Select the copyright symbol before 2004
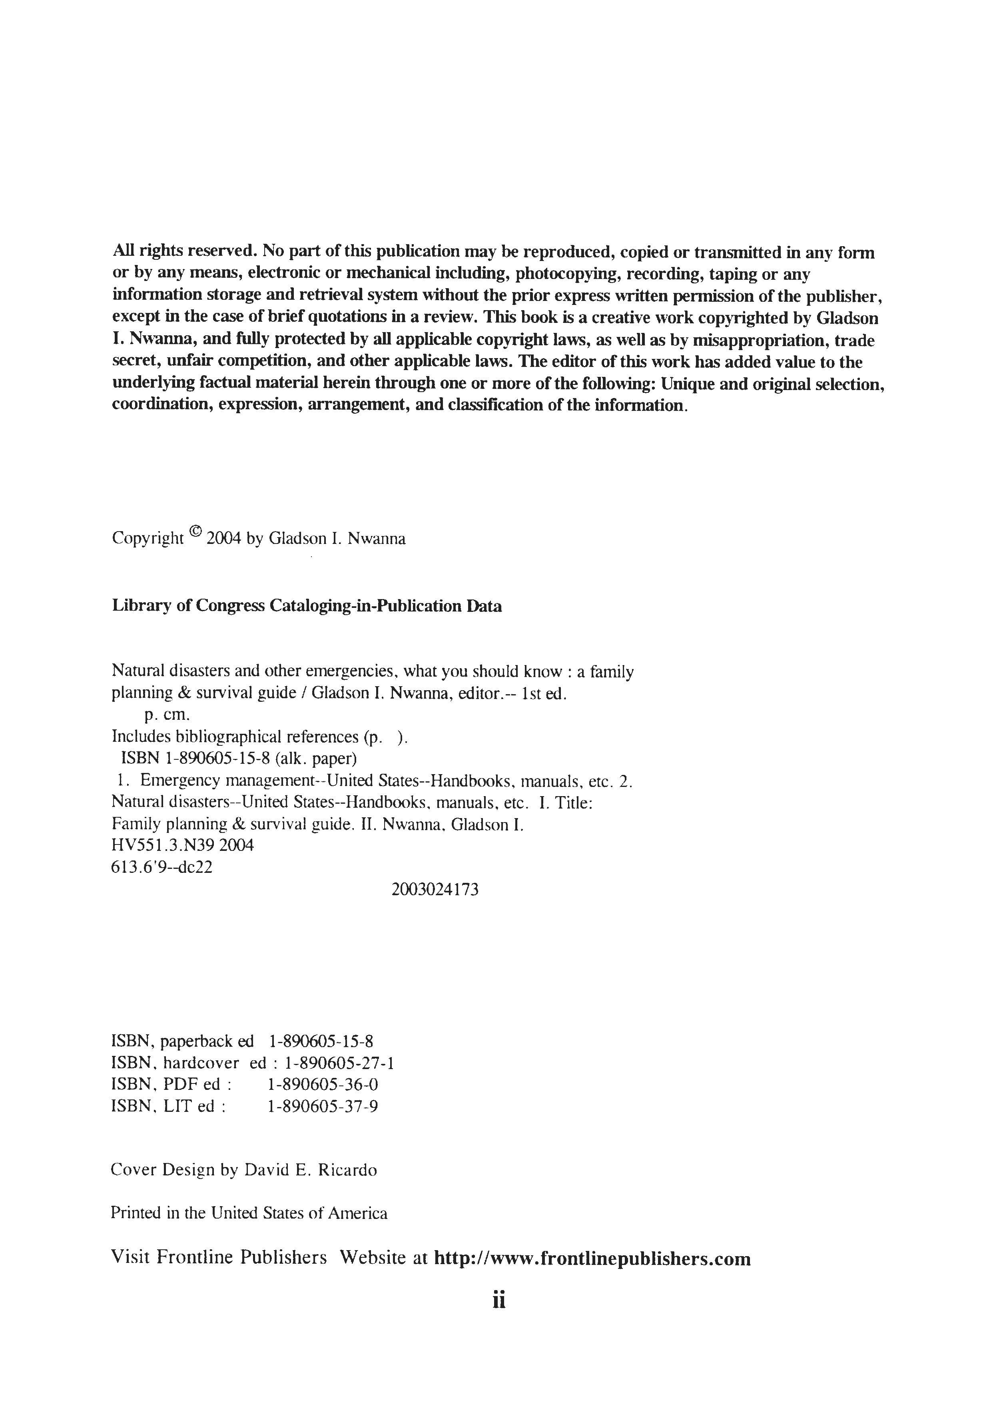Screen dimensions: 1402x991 (195, 532)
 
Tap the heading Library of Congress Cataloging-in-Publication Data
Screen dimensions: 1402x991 (307, 606)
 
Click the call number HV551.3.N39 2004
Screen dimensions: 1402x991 (183, 846)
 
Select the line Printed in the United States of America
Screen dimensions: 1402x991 (249, 1213)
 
